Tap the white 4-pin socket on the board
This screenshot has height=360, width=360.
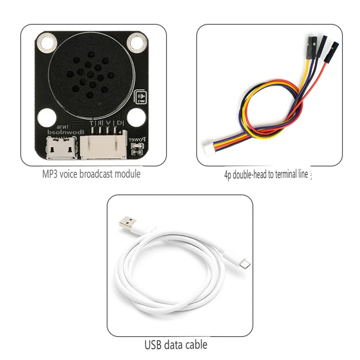tap(103, 146)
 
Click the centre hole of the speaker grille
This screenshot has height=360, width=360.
tap(90, 75)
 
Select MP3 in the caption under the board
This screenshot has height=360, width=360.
tap(49, 174)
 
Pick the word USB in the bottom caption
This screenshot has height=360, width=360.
tap(153, 345)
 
